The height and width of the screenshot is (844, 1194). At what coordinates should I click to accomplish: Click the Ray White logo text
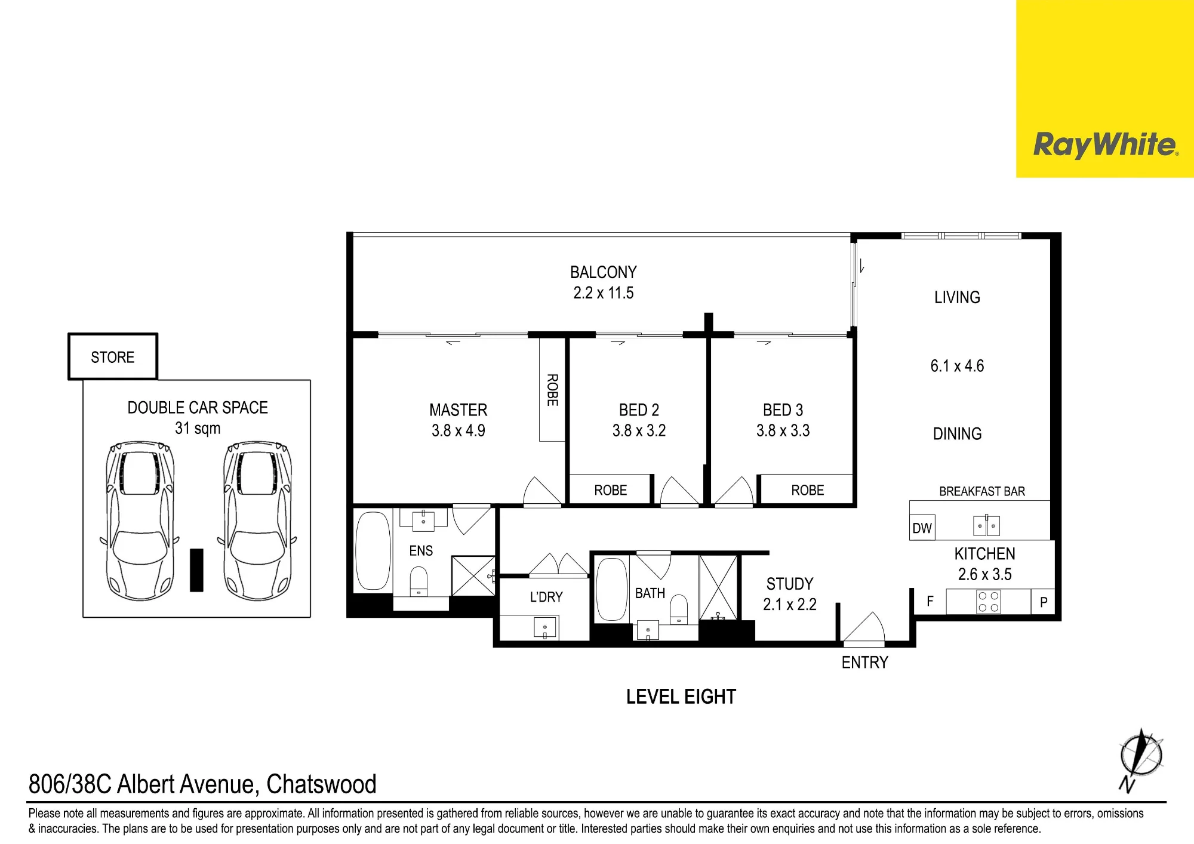1106,145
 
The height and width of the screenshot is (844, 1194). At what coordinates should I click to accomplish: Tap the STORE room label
113,357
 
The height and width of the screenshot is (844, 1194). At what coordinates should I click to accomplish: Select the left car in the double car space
140,520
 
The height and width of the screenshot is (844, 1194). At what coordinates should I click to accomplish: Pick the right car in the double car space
258,520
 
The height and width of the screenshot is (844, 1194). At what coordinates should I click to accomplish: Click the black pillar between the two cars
196,570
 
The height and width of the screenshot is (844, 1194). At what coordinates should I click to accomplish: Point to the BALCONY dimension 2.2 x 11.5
604,293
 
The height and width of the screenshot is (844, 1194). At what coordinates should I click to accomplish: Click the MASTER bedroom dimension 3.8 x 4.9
458,430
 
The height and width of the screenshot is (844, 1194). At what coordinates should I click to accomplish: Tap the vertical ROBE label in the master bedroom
553,390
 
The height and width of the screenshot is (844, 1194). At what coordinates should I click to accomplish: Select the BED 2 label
639,410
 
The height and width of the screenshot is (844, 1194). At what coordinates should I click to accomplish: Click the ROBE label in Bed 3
808,490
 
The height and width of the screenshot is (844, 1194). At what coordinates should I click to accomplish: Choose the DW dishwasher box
922,528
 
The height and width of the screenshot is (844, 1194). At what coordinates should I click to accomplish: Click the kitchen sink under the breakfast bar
986,526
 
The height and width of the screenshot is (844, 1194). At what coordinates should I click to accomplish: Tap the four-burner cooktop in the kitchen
988,602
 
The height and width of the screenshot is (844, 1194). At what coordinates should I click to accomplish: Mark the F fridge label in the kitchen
930,602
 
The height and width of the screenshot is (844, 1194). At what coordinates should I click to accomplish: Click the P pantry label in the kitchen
1044,602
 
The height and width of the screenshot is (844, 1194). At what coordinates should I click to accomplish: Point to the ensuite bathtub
373,550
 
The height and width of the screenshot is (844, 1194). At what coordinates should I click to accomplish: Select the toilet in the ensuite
419,581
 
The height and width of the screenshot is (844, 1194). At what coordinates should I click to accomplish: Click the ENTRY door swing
864,627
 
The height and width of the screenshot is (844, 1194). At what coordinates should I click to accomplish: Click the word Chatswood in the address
321,784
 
